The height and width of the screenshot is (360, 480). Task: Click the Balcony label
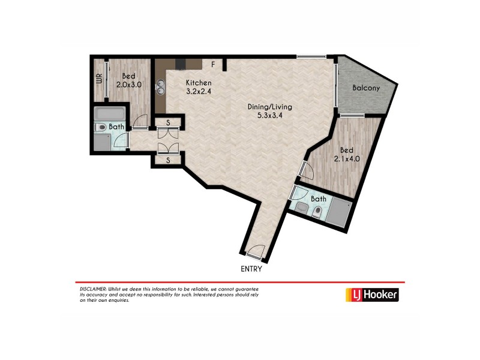(x=366, y=88)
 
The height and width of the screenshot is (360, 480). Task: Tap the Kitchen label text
(x=198, y=83)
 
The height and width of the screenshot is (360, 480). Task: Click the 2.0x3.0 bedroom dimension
(x=128, y=85)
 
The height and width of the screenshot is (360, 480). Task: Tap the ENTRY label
(x=251, y=269)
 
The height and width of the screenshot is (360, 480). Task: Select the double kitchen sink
(x=161, y=88)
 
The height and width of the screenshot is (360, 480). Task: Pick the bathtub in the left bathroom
(x=110, y=113)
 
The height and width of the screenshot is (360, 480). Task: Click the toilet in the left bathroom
(x=101, y=127)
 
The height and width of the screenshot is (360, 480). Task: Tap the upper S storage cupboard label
(x=169, y=124)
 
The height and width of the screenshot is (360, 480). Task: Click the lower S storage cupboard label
(x=169, y=160)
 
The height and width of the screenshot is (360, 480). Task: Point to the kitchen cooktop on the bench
(x=181, y=64)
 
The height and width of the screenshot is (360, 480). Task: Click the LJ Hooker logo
(x=371, y=295)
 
